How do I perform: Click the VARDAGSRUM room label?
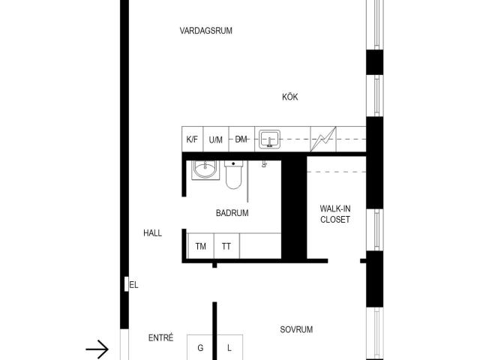[x=205, y=31]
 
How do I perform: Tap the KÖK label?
[x=289, y=97]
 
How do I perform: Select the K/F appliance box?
[x=192, y=139]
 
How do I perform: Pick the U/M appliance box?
[x=216, y=139]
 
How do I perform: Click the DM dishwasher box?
[x=241, y=139]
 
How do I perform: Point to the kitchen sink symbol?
[x=269, y=139]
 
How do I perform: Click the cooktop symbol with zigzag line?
[x=324, y=139]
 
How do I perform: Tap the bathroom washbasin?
[x=202, y=171]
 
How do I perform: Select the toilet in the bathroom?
[x=234, y=174]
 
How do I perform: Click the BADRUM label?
[x=232, y=213]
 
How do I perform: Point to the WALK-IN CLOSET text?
[x=334, y=214]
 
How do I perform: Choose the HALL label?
[x=152, y=233]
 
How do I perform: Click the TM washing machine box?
[x=200, y=246]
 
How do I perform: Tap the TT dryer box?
[x=226, y=246]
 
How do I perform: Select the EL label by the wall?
[x=134, y=285]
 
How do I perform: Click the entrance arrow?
[x=97, y=349]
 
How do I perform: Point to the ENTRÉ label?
[x=161, y=338]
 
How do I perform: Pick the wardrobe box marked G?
[x=200, y=347]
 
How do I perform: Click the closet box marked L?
[x=230, y=347]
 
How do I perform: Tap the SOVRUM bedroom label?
[x=296, y=330]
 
